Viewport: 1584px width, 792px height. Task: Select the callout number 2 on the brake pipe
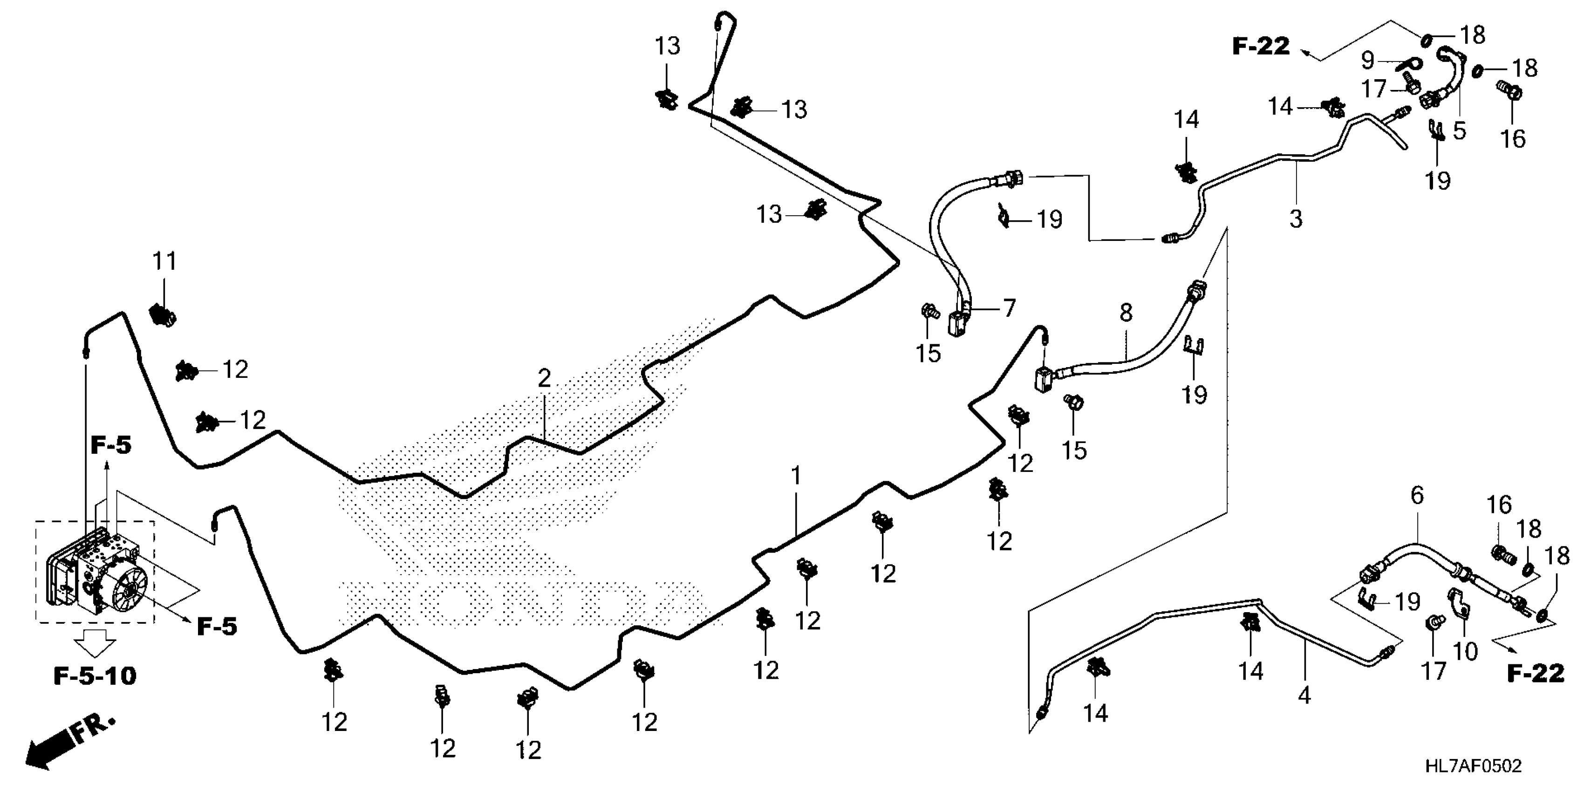544,379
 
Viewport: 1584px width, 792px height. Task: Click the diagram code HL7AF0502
1473,766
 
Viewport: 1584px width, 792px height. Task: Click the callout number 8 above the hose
1126,312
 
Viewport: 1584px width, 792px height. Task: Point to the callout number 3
1296,218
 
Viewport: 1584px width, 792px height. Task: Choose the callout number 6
1417,495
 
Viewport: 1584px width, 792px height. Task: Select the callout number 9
1367,60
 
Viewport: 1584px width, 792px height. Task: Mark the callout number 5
1460,130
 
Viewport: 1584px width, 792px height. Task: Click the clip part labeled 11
163,315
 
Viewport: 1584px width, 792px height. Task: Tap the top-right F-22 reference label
1261,46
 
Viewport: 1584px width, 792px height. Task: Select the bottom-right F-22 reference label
1536,673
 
